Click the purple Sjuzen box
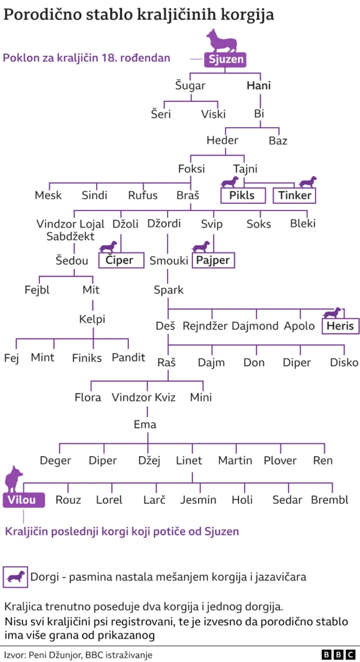tap(226, 58)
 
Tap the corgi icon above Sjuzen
tap(223, 40)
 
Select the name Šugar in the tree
tap(190, 86)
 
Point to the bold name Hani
tap(259, 86)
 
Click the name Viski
tap(214, 114)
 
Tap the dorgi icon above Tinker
tap(307, 182)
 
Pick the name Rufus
tap(143, 196)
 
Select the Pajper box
tap(214, 260)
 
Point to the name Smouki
tap(169, 260)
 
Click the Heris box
tap(340, 326)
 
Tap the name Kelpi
tap(92, 319)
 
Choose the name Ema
tap(145, 425)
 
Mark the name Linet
tap(189, 461)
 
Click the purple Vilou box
tap(23, 500)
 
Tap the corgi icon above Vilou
tap(13, 478)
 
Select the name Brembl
tap(330, 500)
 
